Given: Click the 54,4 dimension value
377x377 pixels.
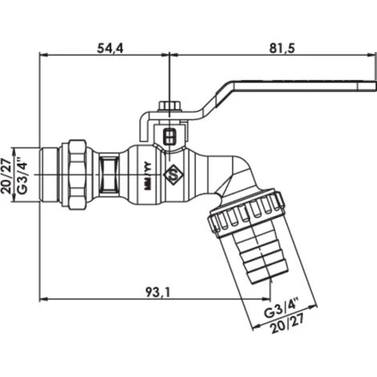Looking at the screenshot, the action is tap(110, 48).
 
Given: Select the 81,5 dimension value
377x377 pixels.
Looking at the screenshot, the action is tap(282, 48).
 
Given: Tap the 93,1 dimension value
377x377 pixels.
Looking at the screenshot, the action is tap(158, 292).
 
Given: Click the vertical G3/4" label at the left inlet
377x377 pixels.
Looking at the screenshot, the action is tap(22, 174).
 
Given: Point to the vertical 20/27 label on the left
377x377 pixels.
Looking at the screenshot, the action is tap(6, 176).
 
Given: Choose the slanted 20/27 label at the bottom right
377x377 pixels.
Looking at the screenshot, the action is tap(287, 324).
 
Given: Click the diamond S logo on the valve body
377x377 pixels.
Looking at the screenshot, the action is tap(173, 175).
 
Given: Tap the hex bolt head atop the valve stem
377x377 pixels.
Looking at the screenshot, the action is tap(170, 106).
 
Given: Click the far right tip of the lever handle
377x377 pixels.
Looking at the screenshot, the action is tap(376, 87).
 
